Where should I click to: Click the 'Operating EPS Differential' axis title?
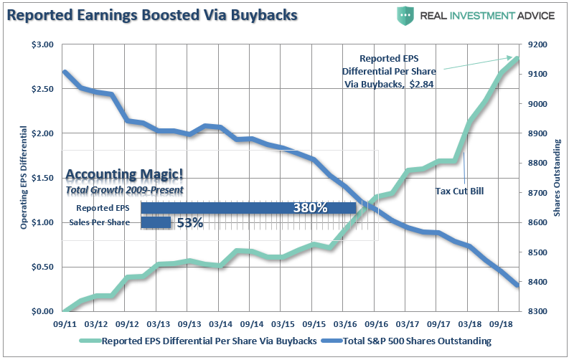point(24,178)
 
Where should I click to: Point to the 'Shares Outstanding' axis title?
point(557,178)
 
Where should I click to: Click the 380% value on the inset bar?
point(310,208)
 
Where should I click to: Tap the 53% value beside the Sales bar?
point(189,223)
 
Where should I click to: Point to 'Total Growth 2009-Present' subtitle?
point(124,190)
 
